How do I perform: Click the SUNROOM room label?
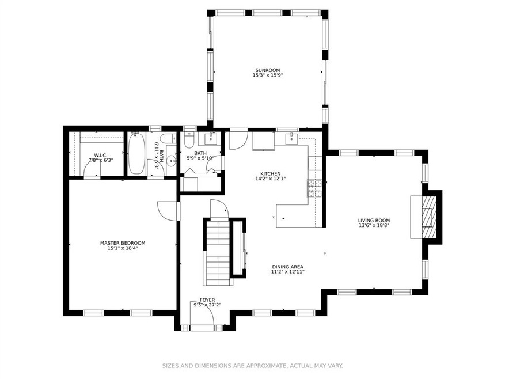point(267,70)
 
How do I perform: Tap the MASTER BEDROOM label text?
point(123,243)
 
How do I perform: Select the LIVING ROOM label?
point(374,221)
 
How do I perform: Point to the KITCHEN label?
point(270,173)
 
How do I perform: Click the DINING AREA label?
point(287,267)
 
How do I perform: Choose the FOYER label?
point(207,300)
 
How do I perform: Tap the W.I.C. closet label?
point(101,155)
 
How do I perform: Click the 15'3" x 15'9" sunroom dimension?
point(267,75)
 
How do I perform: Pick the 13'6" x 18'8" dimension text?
point(374,225)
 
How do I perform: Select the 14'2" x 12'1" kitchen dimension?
point(270,178)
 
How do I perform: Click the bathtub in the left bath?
point(136,153)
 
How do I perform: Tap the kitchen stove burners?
point(314,188)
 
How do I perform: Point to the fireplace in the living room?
point(424,217)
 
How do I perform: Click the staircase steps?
point(218,253)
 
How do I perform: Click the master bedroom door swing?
point(168,211)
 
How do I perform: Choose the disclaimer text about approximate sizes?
point(252,366)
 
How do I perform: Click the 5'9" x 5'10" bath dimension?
point(200,158)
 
